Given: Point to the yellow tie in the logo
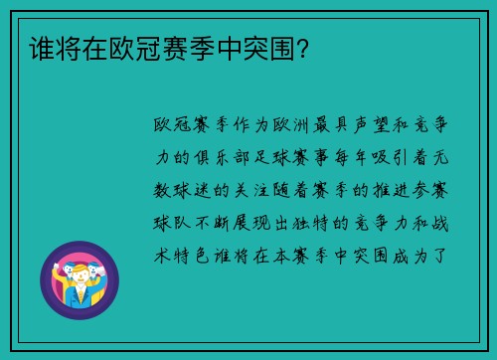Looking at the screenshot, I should [76, 294].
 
